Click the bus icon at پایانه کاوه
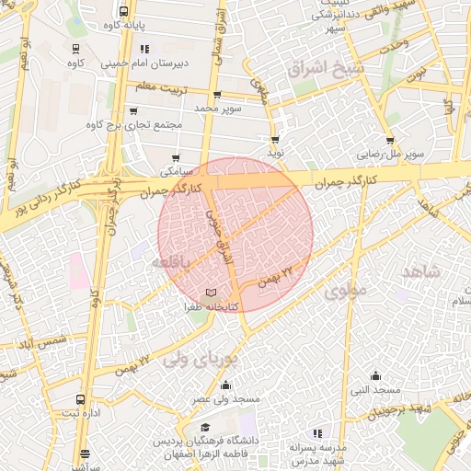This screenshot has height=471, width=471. pyautogui.click(x=124, y=12)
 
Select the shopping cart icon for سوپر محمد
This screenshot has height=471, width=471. pyautogui.click(x=216, y=95)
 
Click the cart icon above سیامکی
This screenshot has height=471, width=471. pyautogui.click(x=175, y=157)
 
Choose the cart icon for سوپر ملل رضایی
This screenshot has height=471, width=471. pyautogui.click(x=390, y=141)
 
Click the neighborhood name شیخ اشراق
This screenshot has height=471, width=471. pyautogui.click(x=326, y=69)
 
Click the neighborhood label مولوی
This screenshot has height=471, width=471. pyautogui.click(x=344, y=293)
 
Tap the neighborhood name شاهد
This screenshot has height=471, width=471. pyautogui.click(x=422, y=271)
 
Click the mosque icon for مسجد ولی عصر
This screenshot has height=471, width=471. pyautogui.click(x=226, y=385)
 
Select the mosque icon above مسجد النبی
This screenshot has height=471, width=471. pyautogui.click(x=375, y=375)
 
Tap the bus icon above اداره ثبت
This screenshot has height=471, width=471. pyautogui.click(x=81, y=400)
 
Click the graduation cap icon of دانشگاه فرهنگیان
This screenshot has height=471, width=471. pyautogui.click(x=206, y=428)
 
